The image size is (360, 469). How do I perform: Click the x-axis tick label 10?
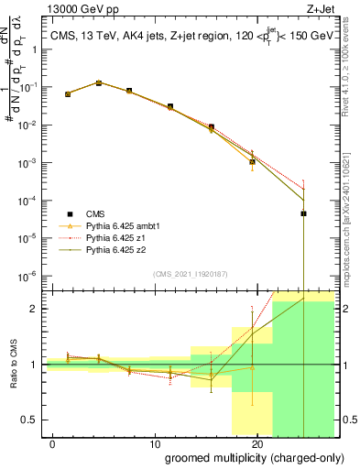[157, 444]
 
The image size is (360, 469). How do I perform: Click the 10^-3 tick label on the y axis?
[29, 162]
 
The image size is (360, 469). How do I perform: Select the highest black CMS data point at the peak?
[99, 82]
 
